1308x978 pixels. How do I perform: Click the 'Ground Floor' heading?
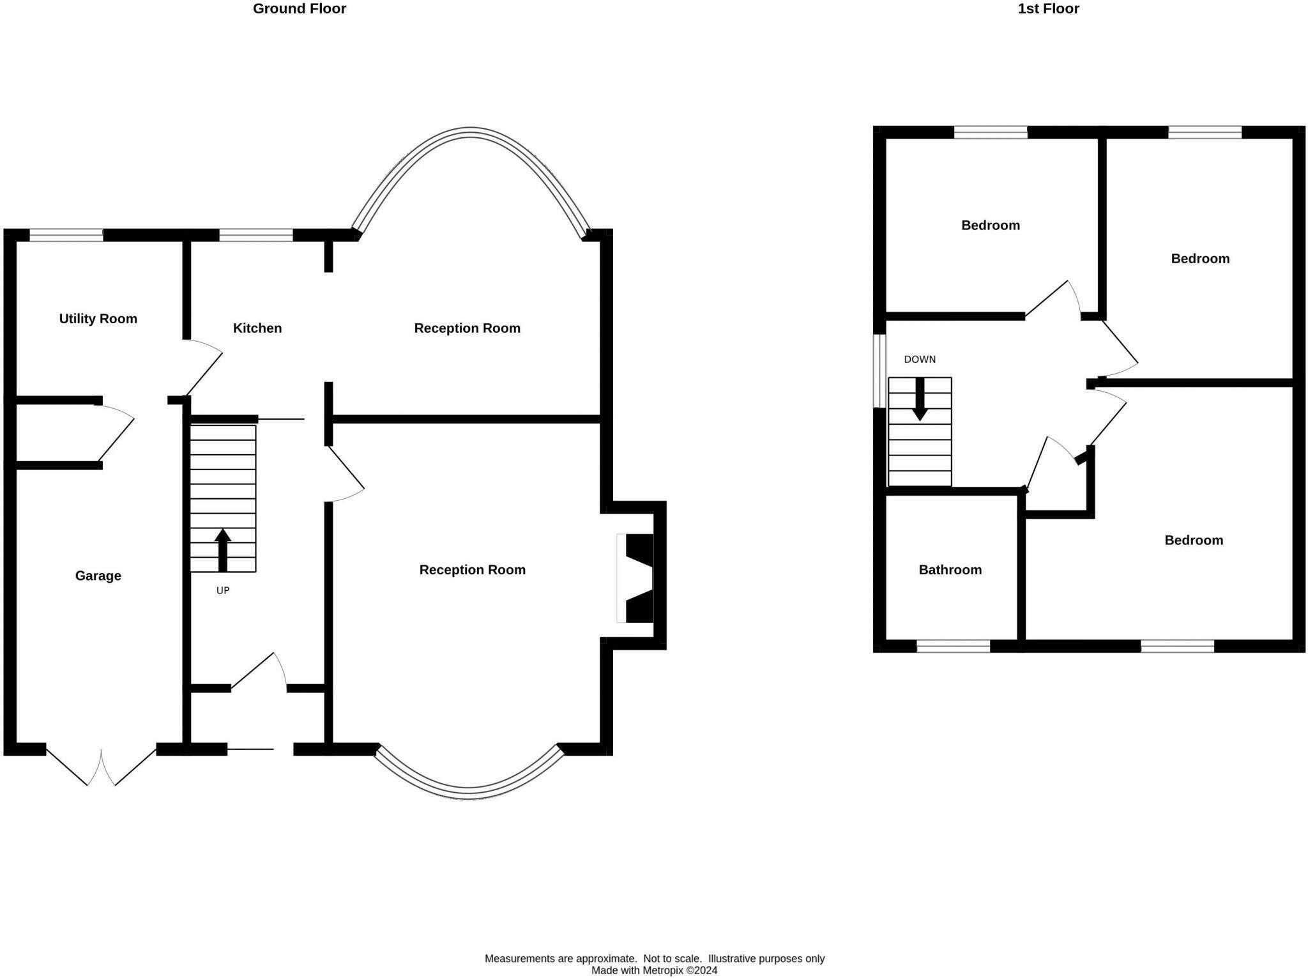(x=300, y=9)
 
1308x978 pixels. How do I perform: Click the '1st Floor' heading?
(x=1048, y=9)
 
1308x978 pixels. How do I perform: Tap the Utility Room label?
(x=98, y=319)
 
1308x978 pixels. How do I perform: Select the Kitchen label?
(x=257, y=328)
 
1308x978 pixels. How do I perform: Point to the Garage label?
(x=98, y=576)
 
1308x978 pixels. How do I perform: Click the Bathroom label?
(x=950, y=570)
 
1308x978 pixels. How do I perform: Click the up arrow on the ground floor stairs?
(x=222, y=550)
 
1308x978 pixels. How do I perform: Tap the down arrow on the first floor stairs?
(x=920, y=399)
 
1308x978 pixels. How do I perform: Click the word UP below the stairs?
(x=223, y=591)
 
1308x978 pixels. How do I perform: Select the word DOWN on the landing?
(x=920, y=360)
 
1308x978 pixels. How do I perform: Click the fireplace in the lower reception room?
(x=635, y=578)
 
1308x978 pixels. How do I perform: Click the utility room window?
(x=66, y=235)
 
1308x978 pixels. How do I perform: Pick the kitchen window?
(x=256, y=235)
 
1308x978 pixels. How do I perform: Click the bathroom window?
(x=954, y=646)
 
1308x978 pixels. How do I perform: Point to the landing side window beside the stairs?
(x=879, y=371)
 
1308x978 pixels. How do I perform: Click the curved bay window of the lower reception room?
(x=469, y=793)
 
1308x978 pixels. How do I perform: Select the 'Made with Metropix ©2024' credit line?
(x=654, y=970)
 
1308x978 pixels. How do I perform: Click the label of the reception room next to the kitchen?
(x=467, y=328)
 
